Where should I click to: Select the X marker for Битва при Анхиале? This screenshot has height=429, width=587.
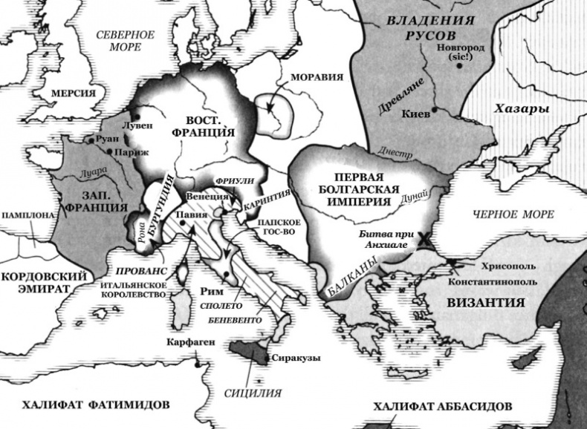424,239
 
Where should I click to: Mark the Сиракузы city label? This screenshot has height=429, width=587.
296,358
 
